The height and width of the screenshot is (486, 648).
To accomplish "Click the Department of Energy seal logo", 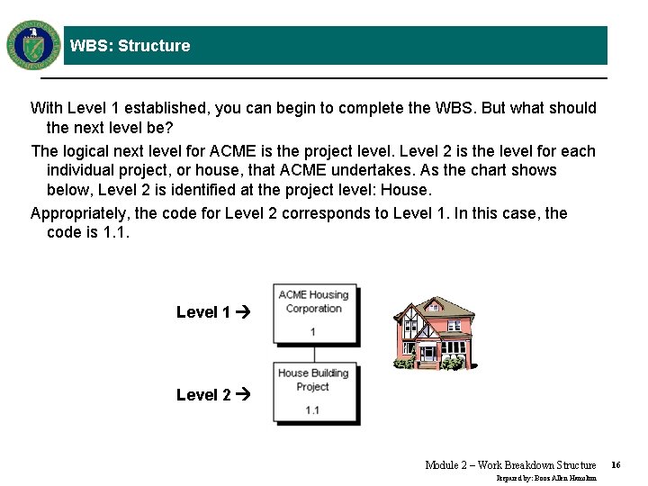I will (x=33, y=44).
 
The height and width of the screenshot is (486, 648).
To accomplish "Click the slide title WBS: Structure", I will (x=130, y=46).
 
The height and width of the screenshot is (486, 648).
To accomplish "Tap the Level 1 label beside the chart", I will (x=203, y=312).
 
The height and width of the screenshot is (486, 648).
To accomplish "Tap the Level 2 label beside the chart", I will (x=203, y=394).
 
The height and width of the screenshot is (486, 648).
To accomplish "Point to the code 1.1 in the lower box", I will (x=312, y=410).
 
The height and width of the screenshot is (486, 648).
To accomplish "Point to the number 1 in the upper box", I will (x=312, y=332).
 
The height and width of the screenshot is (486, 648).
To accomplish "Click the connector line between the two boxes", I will (x=313, y=352).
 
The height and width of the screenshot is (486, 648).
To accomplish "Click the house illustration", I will (x=435, y=332).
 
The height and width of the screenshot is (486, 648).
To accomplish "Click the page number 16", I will (x=616, y=465).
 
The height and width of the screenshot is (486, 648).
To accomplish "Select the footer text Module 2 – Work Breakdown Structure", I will (x=510, y=465).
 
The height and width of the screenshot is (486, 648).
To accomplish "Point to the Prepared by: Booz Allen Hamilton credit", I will (x=546, y=478).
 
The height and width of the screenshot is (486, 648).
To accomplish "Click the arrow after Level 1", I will (x=242, y=312).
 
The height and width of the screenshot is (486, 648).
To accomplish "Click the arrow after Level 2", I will (x=242, y=394).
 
